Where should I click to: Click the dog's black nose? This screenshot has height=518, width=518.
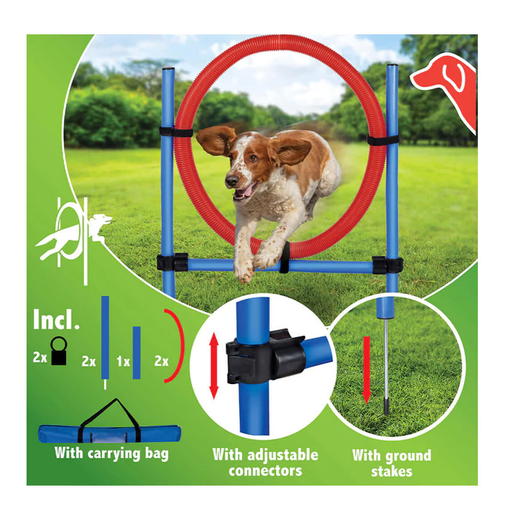232,181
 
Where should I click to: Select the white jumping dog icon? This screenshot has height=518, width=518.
73,238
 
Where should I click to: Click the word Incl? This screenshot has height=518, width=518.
56,320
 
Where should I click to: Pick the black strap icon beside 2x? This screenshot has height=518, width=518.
59,350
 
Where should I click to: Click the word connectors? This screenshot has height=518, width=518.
265,471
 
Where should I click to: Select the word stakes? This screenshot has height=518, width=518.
392,471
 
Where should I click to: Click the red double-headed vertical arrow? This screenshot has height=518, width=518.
214,365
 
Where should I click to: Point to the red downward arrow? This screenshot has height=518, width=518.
366,370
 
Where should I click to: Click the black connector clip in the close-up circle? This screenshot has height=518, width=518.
264,357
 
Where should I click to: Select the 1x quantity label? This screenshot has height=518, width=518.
123,362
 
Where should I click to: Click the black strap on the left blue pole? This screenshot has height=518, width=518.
175,133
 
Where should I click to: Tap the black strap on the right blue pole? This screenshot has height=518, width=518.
383,140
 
